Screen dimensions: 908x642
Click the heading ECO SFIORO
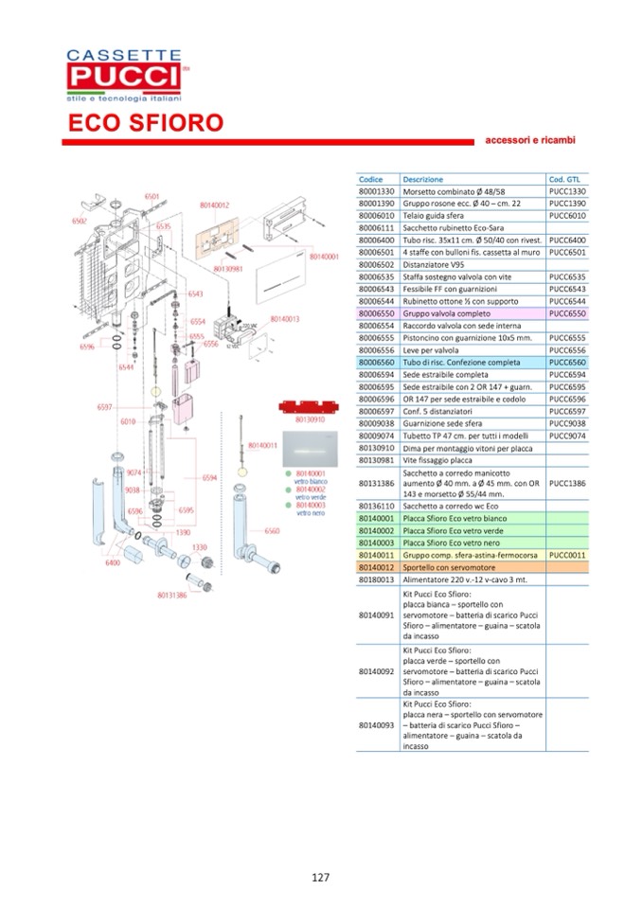point(145,124)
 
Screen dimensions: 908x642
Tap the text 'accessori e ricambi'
point(529,140)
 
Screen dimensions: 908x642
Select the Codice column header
point(371,179)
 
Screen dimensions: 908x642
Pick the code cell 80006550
point(376,312)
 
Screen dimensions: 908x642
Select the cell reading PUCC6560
point(567,362)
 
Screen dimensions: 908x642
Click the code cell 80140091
point(376,615)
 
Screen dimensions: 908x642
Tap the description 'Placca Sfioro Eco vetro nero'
point(456,543)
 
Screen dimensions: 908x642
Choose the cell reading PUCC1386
point(567,483)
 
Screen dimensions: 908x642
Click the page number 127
point(320,878)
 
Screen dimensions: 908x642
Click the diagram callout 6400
point(112,562)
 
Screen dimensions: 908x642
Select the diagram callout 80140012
point(215,205)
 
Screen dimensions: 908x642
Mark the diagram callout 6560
point(272,531)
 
